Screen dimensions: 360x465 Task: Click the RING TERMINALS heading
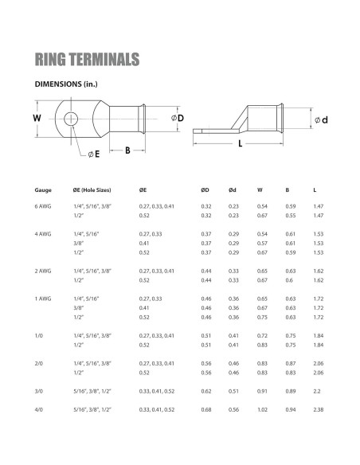(x=87, y=59)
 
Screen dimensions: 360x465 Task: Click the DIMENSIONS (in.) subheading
(x=66, y=84)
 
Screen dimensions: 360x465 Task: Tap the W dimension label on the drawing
(x=37, y=118)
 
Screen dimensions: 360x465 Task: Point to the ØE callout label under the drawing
(x=94, y=154)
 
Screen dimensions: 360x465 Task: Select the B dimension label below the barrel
(x=127, y=150)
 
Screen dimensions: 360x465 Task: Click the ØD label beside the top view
(x=178, y=118)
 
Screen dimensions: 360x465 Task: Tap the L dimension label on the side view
(x=240, y=144)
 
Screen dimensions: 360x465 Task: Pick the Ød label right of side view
(x=321, y=120)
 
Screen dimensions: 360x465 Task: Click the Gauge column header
(x=43, y=190)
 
